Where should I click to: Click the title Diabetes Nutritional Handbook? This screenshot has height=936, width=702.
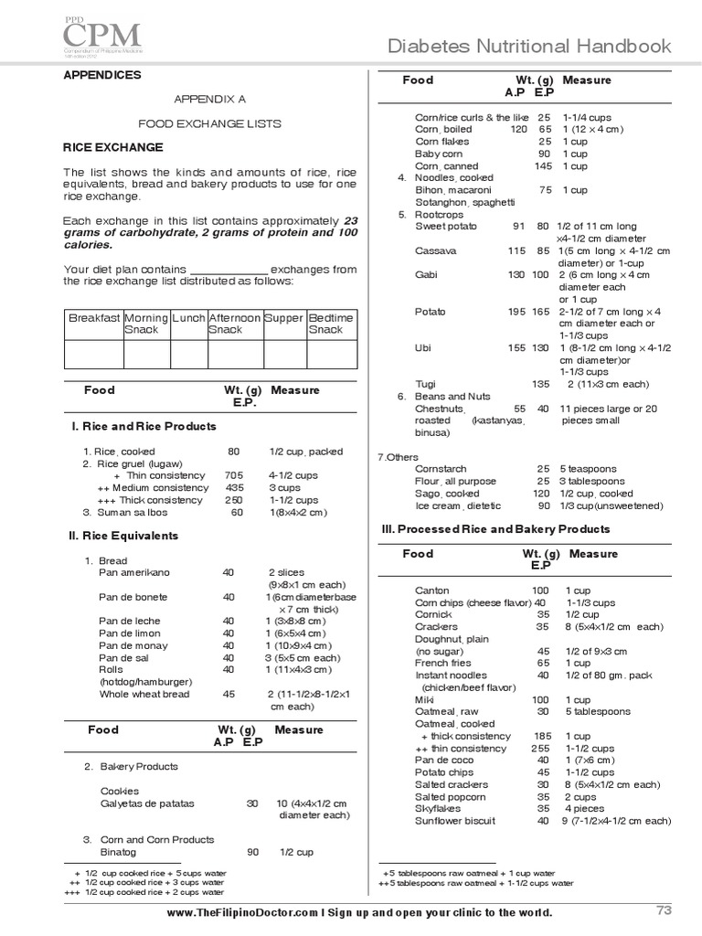[530, 47]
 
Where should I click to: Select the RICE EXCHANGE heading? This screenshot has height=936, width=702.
[112, 147]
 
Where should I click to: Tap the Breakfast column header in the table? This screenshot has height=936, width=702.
[93, 318]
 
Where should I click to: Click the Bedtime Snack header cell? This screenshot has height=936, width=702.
[331, 324]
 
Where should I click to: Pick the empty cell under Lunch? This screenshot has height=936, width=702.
[189, 354]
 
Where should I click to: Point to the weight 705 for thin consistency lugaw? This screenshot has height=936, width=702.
[234, 476]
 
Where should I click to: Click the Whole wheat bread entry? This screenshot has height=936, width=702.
[144, 695]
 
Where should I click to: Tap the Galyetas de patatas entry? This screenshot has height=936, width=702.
[147, 804]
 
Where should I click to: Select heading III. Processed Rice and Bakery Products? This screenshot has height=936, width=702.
[495, 529]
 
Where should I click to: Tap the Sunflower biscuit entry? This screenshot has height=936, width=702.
[454, 821]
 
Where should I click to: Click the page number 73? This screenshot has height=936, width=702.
[664, 909]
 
